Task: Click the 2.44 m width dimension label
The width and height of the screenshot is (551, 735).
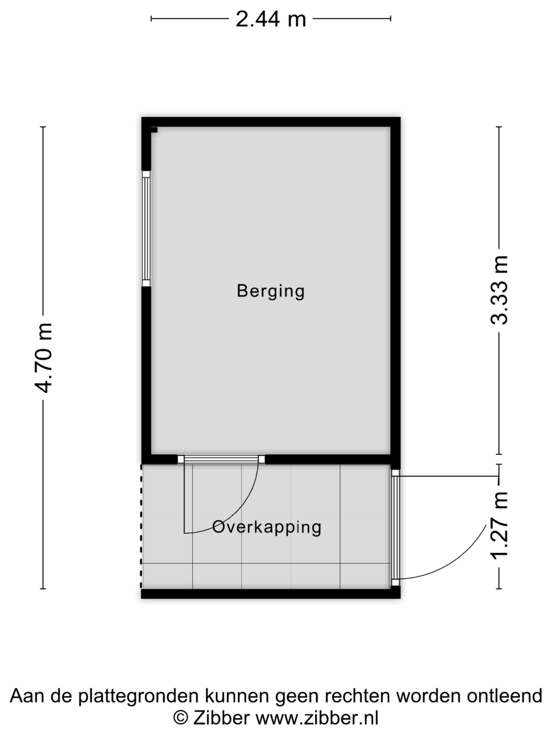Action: coord(271,19)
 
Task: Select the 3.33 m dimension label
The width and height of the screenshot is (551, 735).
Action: coord(499,290)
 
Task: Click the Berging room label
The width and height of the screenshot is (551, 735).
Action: coord(271,291)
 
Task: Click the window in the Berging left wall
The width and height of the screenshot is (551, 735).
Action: coord(146,229)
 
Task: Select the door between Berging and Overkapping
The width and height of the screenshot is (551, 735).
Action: coord(221,460)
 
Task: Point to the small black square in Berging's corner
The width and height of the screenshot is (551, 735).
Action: coord(154,129)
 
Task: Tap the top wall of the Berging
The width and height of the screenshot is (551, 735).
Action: coord(271,122)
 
